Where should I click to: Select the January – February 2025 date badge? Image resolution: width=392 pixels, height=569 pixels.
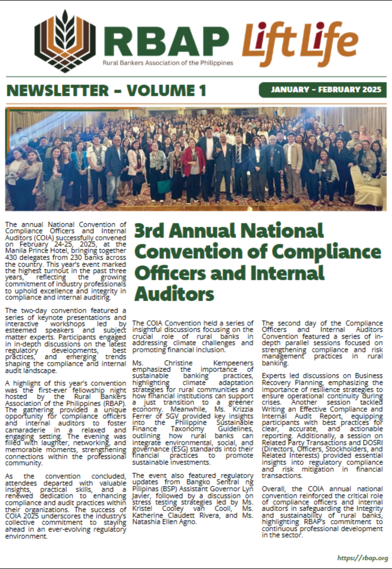[322, 90]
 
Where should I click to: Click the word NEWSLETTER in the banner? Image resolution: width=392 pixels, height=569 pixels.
[57, 91]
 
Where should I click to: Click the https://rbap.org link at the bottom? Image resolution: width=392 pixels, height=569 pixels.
[363, 558]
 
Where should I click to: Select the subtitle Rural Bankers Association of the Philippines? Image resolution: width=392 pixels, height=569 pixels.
[168, 63]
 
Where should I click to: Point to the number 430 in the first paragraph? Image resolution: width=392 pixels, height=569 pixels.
[13, 257]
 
